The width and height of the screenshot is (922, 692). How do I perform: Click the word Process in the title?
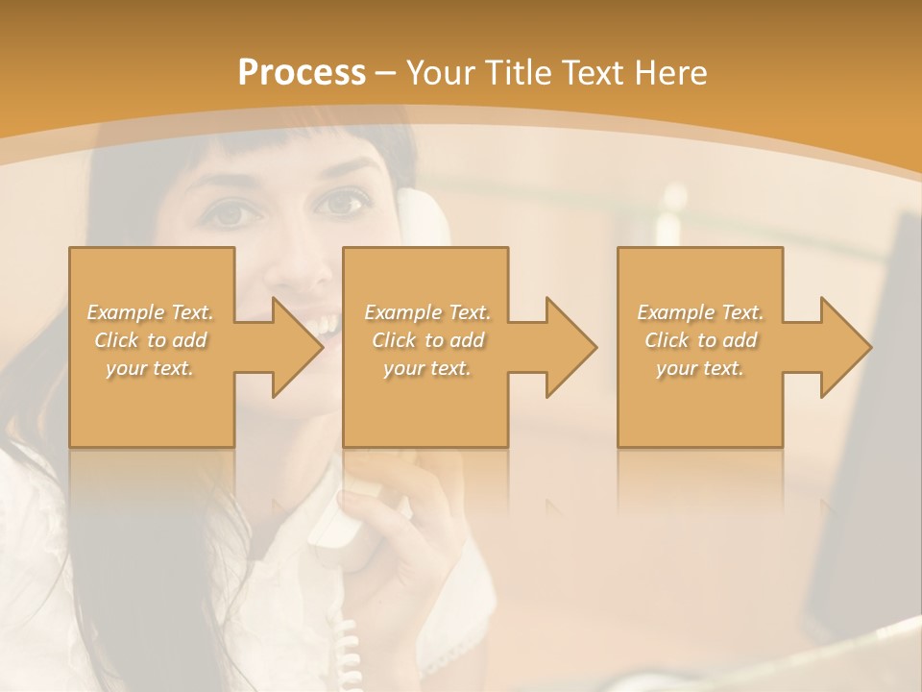(302, 72)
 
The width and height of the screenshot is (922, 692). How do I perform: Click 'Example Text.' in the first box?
(151, 312)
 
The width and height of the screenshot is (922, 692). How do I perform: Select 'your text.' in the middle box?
(427, 368)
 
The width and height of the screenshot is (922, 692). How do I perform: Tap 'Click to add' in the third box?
(700, 340)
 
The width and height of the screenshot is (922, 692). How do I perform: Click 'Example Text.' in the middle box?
(427, 312)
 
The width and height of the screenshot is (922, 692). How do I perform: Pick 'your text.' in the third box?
(700, 368)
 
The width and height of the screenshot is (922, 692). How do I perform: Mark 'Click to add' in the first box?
(151, 340)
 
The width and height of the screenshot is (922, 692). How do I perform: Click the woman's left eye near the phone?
(341, 204)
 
